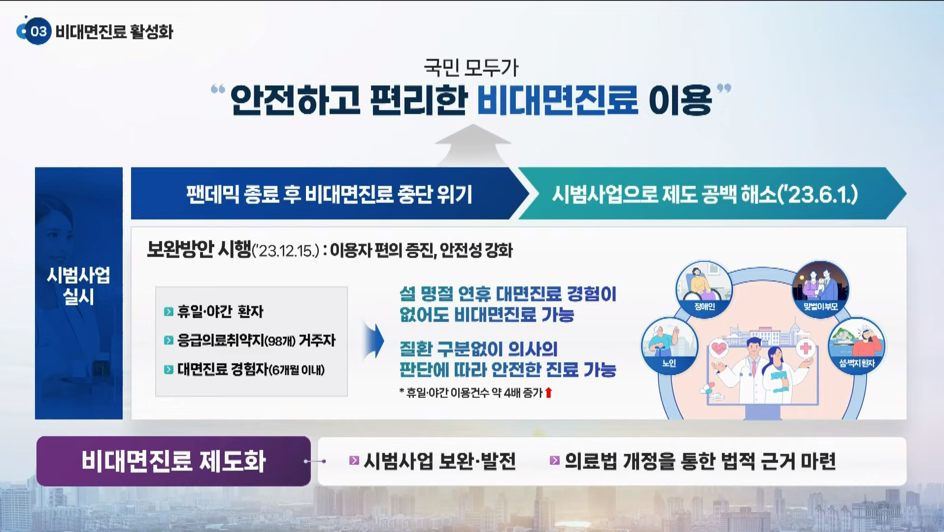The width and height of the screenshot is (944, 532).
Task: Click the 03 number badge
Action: tap(38, 32)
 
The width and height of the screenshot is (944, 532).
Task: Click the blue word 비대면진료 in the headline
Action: tap(557, 100)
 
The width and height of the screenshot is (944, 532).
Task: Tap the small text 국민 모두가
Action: tap(471, 67)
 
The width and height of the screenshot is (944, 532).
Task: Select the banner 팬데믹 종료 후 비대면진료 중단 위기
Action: tap(329, 194)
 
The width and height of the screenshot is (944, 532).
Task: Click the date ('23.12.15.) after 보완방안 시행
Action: tap(286, 251)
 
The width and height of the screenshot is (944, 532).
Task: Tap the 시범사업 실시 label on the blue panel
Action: tap(78, 286)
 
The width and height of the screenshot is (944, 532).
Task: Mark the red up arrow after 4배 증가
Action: tap(548, 393)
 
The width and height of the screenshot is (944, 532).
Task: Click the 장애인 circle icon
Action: tap(704, 289)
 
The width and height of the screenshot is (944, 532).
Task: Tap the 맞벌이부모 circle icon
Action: tap(820, 289)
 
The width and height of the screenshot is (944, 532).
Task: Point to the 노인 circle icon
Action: tap(669, 345)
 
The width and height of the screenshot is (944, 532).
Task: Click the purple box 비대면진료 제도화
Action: tap(173, 461)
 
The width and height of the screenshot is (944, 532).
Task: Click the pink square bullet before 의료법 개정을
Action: tap(554, 461)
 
